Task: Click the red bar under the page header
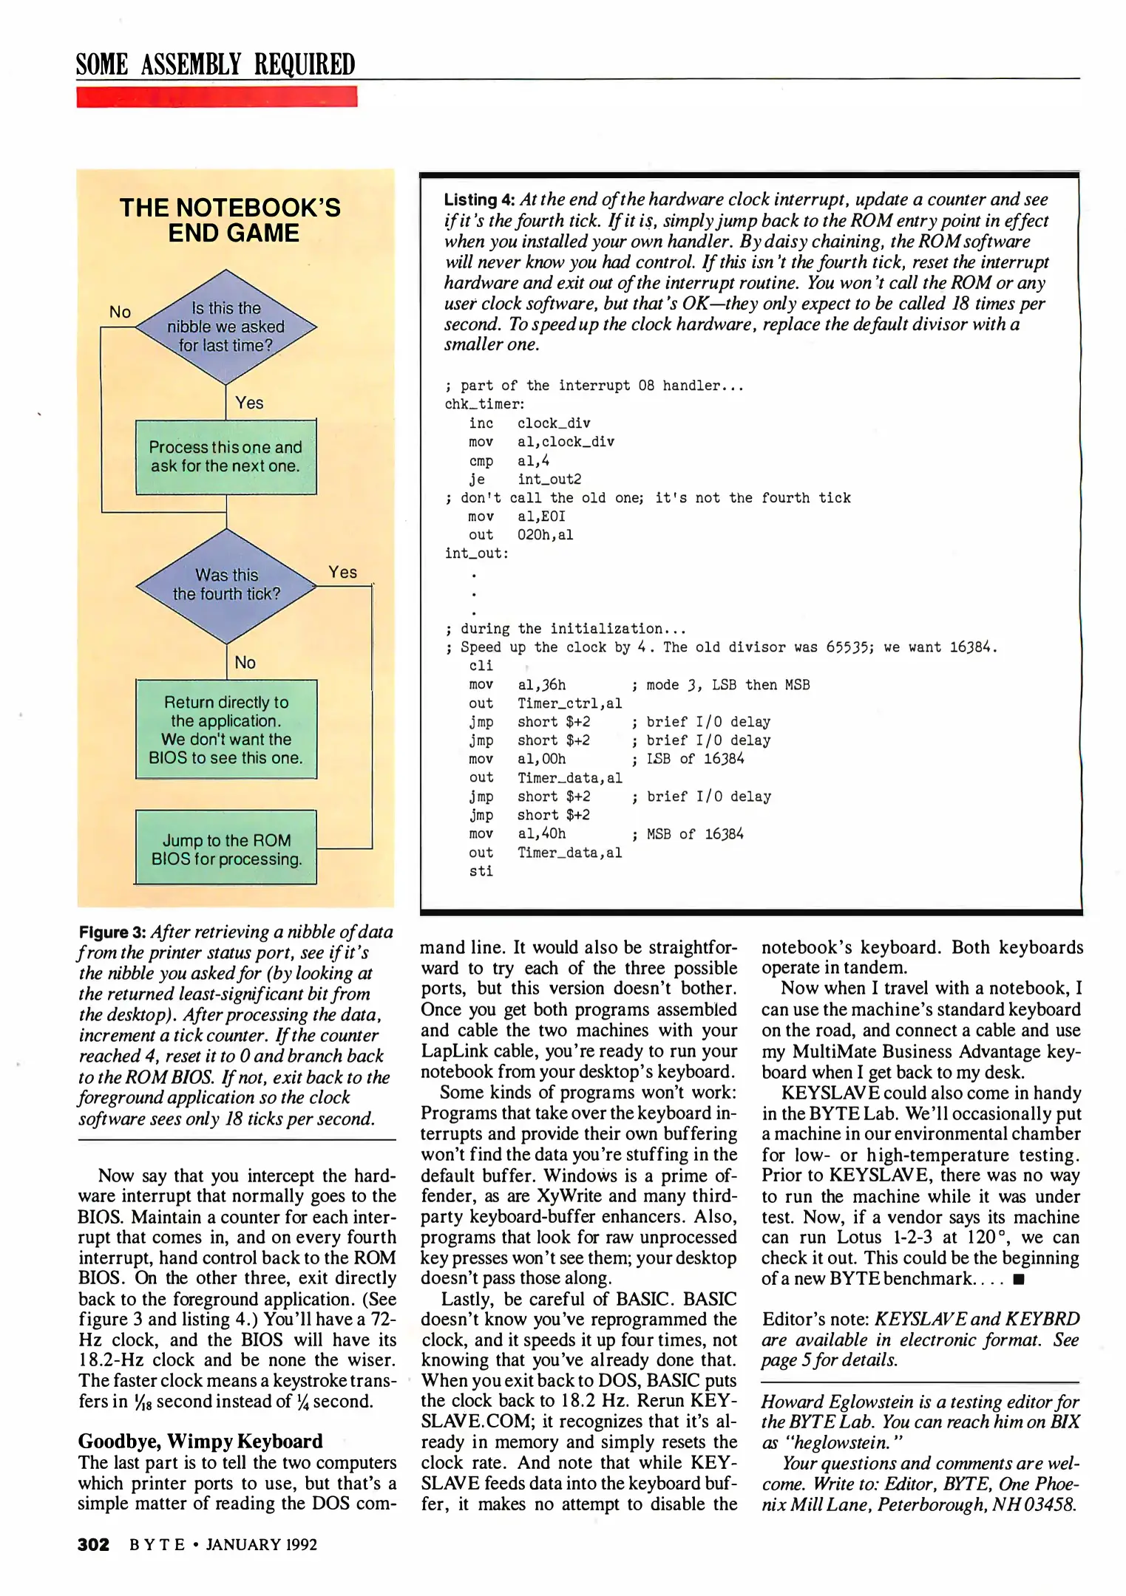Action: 217,97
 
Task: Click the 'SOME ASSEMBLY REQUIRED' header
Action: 215,65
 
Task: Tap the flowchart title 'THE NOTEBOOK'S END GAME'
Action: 231,220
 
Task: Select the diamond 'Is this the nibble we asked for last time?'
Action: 225,327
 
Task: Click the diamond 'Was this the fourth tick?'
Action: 226,585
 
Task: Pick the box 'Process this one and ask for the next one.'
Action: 225,457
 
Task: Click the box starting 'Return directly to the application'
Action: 225,729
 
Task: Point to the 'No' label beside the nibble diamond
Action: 120,312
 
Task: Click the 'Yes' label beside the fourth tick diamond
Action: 342,572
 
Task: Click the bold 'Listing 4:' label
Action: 479,200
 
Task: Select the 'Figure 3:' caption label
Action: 112,932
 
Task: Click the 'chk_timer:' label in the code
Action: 484,404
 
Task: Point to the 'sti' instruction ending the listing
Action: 481,871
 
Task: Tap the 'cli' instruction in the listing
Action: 481,666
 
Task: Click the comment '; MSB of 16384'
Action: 688,834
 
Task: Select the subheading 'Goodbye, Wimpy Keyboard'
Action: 200,1441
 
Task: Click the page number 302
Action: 93,1544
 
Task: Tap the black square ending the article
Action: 1019,1279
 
